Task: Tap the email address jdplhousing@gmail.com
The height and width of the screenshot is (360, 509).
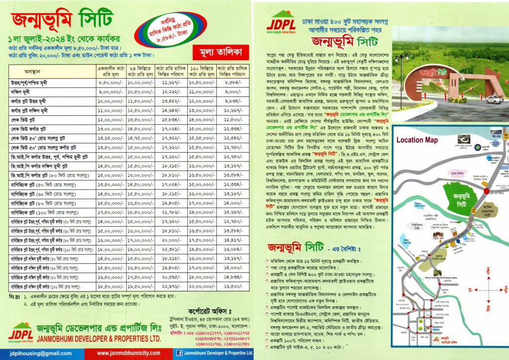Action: (x=32, y=353)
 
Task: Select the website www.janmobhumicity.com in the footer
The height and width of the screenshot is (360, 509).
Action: (x=128, y=353)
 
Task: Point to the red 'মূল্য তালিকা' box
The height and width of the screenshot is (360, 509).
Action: (x=215, y=51)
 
